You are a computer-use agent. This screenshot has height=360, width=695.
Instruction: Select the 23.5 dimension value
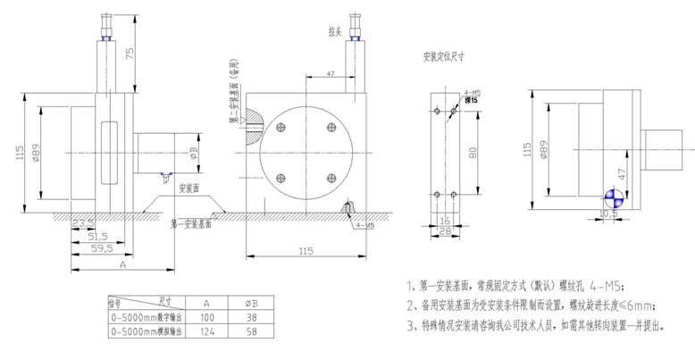[82, 223]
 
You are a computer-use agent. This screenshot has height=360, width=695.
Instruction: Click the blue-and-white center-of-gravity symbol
[613, 197]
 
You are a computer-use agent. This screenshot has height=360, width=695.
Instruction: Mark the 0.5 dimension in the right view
[613, 215]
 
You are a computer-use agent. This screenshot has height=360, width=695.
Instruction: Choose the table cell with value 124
[207, 331]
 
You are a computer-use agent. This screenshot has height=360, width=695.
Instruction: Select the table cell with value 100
[207, 316]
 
